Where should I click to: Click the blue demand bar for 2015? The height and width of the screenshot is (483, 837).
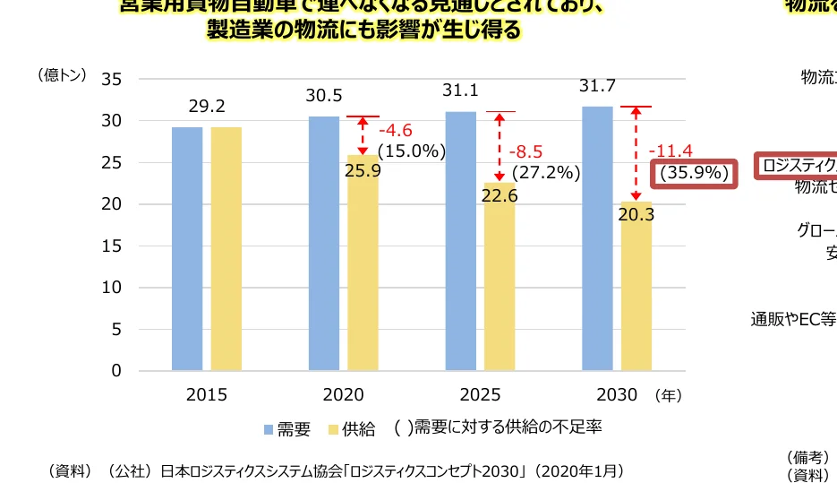click(187, 248)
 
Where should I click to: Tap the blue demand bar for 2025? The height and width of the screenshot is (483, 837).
click(461, 240)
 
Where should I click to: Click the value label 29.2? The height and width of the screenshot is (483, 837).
click(206, 107)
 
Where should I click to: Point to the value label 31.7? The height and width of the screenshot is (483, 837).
click(597, 86)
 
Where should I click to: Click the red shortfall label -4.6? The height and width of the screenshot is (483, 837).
click(395, 132)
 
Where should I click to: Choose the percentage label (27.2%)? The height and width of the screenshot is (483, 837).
click(546, 172)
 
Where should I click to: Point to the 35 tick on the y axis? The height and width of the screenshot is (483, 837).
click(111, 79)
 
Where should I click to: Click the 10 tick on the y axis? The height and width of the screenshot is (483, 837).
click(111, 288)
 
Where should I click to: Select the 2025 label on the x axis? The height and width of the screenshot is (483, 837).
click(481, 395)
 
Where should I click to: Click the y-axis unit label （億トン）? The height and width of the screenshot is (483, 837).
click(63, 75)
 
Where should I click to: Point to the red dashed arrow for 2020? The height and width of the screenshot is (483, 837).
click(363, 135)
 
